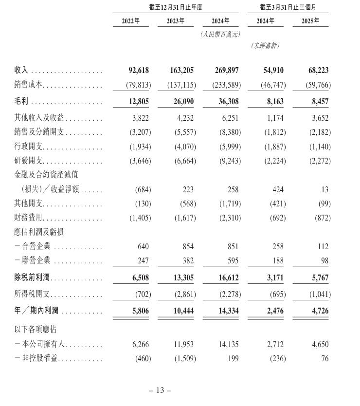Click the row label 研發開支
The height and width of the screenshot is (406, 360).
pyautogui.click(x=29, y=161)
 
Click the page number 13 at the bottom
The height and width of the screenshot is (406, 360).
pyautogui.click(x=160, y=390)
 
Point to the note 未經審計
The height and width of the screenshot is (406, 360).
pyautogui.click(x=265, y=45)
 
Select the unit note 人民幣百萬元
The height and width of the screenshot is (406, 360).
pyautogui.click(x=220, y=34)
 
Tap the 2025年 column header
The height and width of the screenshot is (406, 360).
pyautogui.click(x=310, y=21)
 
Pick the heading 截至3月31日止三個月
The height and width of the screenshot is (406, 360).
pyautogui.click(x=288, y=7)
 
